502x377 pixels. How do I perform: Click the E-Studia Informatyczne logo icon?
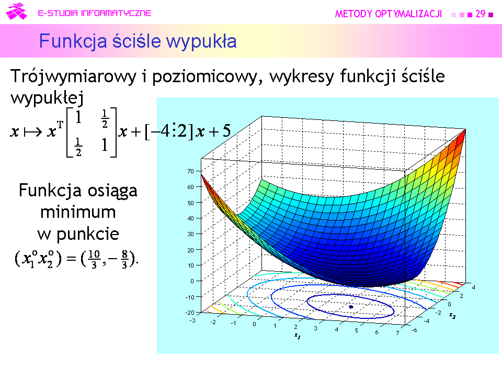[16, 12]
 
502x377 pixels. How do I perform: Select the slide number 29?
[480, 14]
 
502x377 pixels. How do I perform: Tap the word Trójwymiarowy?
[74, 77]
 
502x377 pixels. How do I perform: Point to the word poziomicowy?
[204, 77]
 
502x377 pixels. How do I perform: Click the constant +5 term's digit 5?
[226, 131]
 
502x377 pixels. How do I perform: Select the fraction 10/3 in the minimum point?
[94, 259]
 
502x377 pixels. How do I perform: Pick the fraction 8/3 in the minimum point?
[124, 259]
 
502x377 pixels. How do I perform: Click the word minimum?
[78, 212]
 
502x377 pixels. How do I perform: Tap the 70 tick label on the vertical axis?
[191, 171]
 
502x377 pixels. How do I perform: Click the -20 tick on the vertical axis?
[190, 313]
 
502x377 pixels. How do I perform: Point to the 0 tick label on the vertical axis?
[192, 281]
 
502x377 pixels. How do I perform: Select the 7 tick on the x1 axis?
[397, 333]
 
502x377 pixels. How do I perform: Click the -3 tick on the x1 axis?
[192, 320]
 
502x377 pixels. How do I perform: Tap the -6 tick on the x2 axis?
[414, 330]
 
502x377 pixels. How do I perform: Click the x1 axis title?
[298, 336]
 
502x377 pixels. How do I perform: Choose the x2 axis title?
[452, 316]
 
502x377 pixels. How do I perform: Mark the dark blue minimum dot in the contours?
[351, 307]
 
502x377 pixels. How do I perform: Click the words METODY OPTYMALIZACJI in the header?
[389, 14]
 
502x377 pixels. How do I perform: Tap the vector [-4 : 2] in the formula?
[169, 131]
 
